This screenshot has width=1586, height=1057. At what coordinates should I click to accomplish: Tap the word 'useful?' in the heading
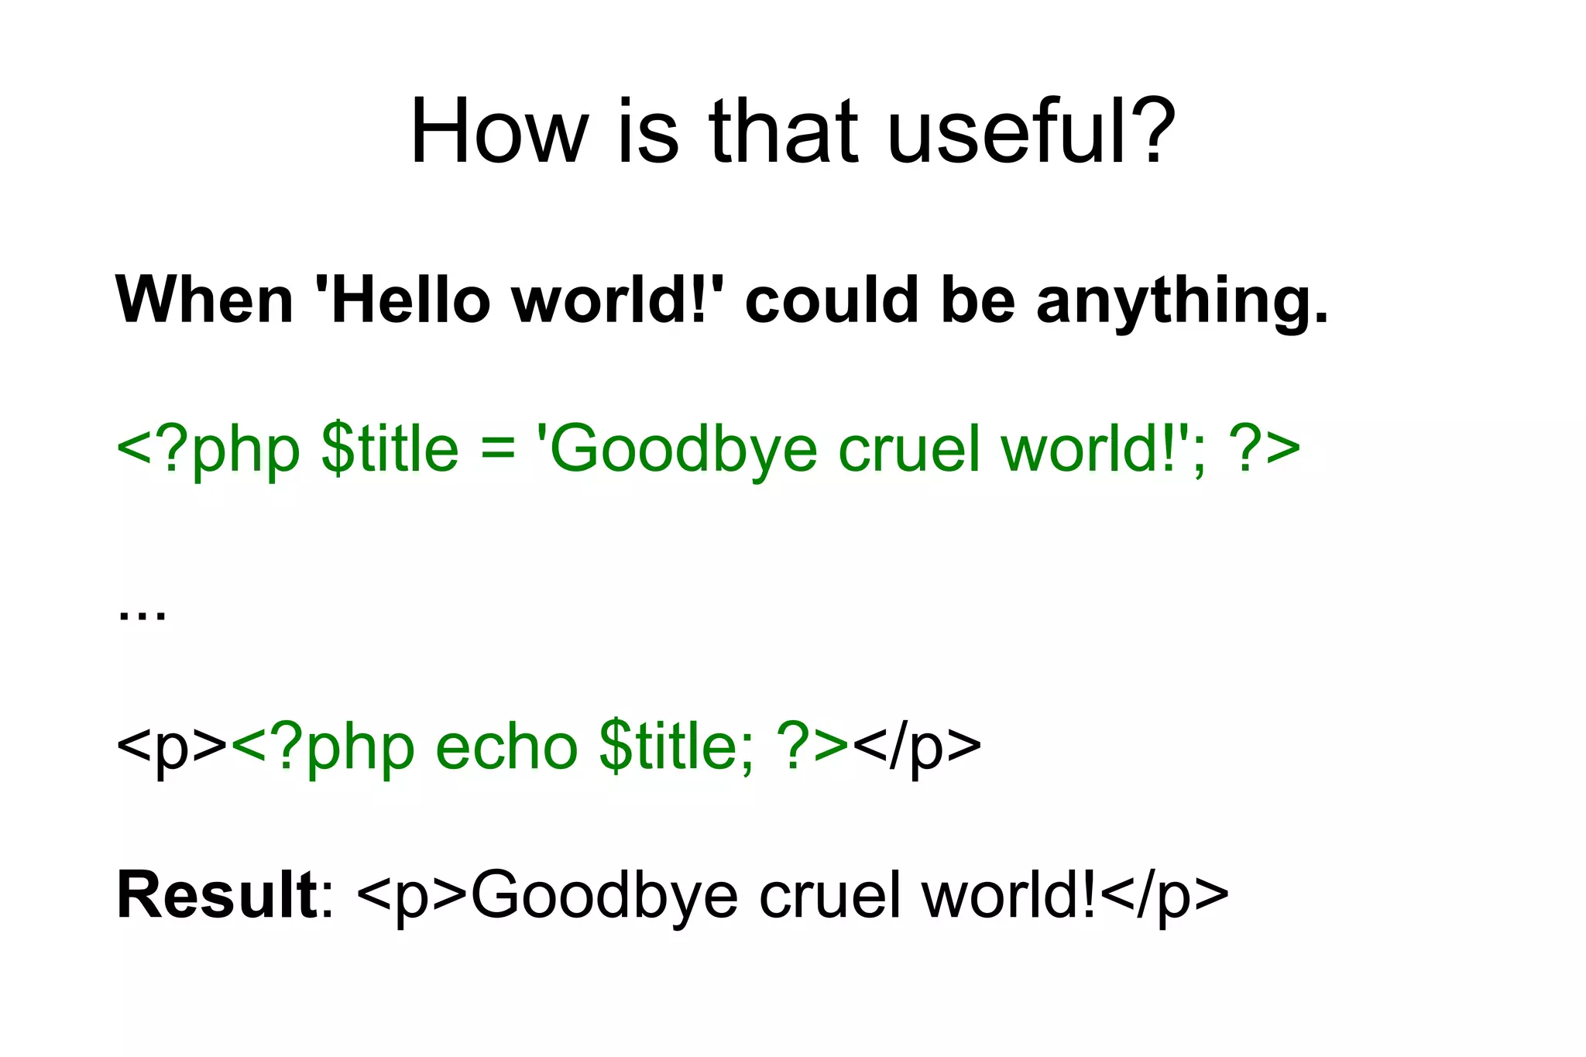pyautogui.click(x=1030, y=132)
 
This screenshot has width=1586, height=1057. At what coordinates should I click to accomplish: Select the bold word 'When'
pyautogui.click(x=204, y=300)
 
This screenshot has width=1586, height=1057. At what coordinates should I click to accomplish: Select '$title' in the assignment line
pyautogui.click(x=390, y=449)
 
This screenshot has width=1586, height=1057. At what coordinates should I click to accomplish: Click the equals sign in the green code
pyautogui.click(x=497, y=449)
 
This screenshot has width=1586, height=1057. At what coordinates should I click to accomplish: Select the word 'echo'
pyautogui.click(x=506, y=746)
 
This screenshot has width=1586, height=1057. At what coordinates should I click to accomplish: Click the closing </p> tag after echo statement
pyautogui.click(x=917, y=748)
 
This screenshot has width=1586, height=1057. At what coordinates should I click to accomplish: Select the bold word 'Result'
pyautogui.click(x=217, y=895)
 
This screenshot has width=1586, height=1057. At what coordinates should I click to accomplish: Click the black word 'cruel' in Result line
pyautogui.click(x=830, y=895)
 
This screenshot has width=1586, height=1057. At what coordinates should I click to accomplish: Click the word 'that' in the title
pyautogui.click(x=784, y=132)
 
